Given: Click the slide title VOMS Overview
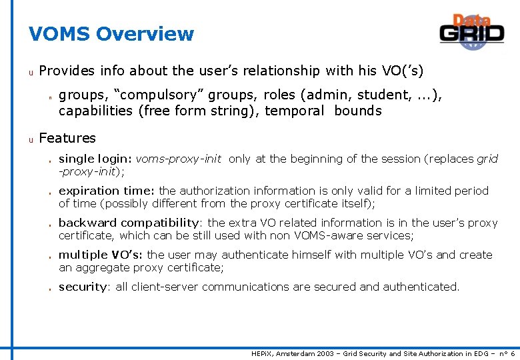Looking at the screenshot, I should click(111, 34).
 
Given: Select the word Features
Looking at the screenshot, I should click(67, 138).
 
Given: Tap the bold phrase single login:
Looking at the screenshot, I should click(95, 159).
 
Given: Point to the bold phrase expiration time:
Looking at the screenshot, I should click(107, 191).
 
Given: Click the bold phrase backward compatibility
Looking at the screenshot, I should click(129, 223).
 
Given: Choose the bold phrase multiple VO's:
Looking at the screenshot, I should click(101, 255).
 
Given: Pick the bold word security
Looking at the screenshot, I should click(83, 287).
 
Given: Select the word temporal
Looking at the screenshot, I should click(294, 111).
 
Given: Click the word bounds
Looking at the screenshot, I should click(358, 111).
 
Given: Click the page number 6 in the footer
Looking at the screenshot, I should click(512, 353).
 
